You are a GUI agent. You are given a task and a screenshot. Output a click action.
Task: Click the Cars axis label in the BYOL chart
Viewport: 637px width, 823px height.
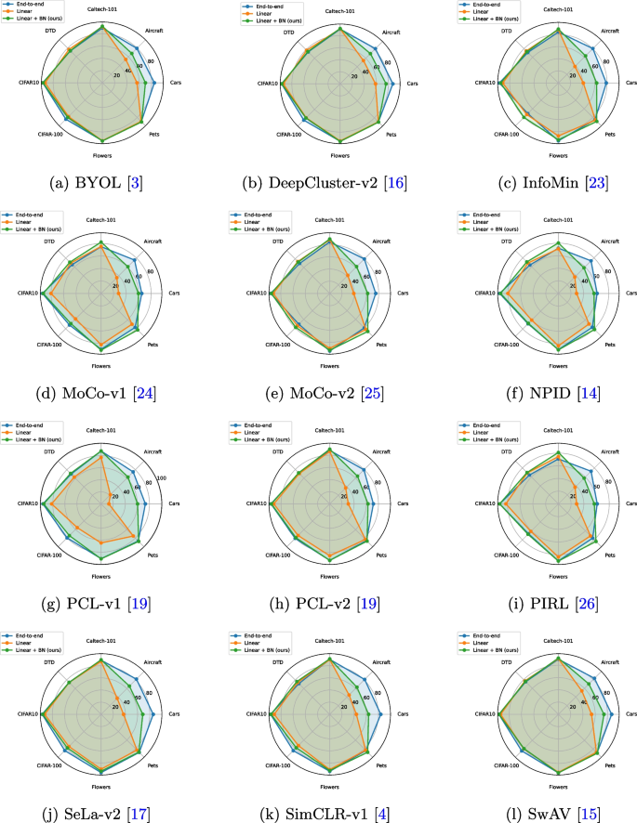coord(175,84)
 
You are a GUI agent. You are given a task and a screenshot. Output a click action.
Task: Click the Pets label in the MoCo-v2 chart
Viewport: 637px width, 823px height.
coord(380,345)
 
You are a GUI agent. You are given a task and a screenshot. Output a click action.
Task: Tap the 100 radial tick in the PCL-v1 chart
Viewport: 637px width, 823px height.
coord(160,479)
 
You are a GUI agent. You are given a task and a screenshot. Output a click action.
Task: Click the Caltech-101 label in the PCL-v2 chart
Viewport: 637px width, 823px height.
coord(329,431)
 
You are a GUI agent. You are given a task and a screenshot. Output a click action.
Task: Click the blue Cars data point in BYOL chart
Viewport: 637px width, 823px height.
coord(153,84)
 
